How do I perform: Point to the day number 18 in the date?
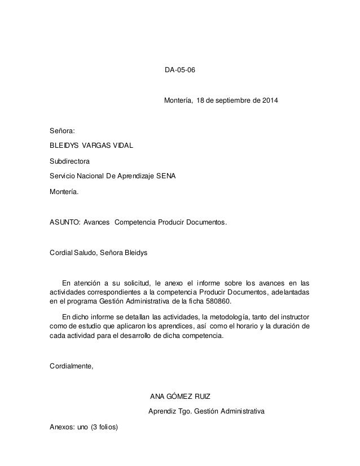tap(200, 102)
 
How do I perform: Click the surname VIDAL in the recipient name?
tap(122, 146)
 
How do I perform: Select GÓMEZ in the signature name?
tap(181, 397)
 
